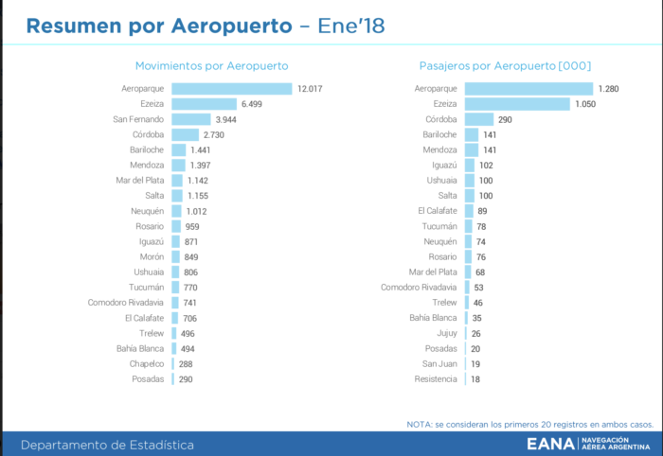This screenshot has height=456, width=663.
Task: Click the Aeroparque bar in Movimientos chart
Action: click(232, 89)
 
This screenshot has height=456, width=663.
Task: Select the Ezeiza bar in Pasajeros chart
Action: click(518, 104)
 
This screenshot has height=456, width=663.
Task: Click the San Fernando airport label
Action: click(138, 119)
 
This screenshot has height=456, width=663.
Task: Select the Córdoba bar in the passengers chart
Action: click(479, 119)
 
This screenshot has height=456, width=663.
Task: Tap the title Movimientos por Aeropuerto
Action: click(211, 66)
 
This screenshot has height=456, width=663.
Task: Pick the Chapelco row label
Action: click(147, 363)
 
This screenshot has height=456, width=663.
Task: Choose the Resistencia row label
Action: click(436, 378)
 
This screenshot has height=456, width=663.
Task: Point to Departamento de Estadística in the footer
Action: click(108, 445)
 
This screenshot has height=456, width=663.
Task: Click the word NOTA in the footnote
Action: click(418, 424)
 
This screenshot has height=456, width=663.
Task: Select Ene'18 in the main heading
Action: click(350, 26)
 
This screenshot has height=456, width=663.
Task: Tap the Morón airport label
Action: click(152, 256)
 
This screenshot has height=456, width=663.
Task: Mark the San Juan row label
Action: click(439, 363)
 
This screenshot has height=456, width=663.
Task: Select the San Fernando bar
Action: click(191, 119)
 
